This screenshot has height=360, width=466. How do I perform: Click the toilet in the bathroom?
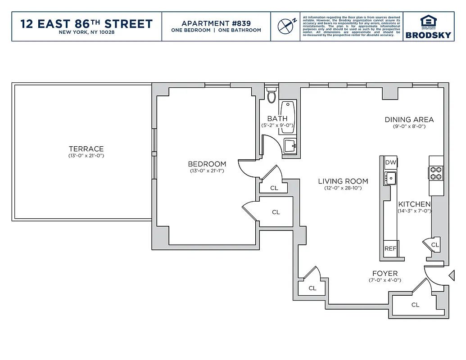tap(271, 96)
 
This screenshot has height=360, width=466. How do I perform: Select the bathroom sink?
tap(290, 145)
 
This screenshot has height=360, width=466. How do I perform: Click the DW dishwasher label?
tap(390, 162)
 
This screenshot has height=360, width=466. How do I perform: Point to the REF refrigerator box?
tap(390, 248)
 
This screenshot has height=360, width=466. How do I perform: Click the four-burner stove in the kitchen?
tap(436, 173)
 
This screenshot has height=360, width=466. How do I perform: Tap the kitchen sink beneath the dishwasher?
tap(390, 178)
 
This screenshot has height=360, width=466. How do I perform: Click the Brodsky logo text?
tap(428, 35)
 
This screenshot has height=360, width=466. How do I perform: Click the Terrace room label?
tap(86, 149)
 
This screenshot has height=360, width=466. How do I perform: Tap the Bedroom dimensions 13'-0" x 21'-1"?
tap(207, 171)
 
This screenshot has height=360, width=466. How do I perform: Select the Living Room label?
tap(343, 181)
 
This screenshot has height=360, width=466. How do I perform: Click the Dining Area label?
tap(409, 120)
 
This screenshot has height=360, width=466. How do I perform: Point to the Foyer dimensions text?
tap(385, 280)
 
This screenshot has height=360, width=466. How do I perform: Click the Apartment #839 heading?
tap(216, 23)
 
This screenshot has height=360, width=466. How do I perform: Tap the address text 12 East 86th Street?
tap(86, 23)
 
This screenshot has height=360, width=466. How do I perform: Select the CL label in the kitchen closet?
tap(434, 245)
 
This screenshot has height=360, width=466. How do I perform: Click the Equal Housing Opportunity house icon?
tap(428, 20)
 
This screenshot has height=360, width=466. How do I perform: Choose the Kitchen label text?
tap(414, 204)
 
